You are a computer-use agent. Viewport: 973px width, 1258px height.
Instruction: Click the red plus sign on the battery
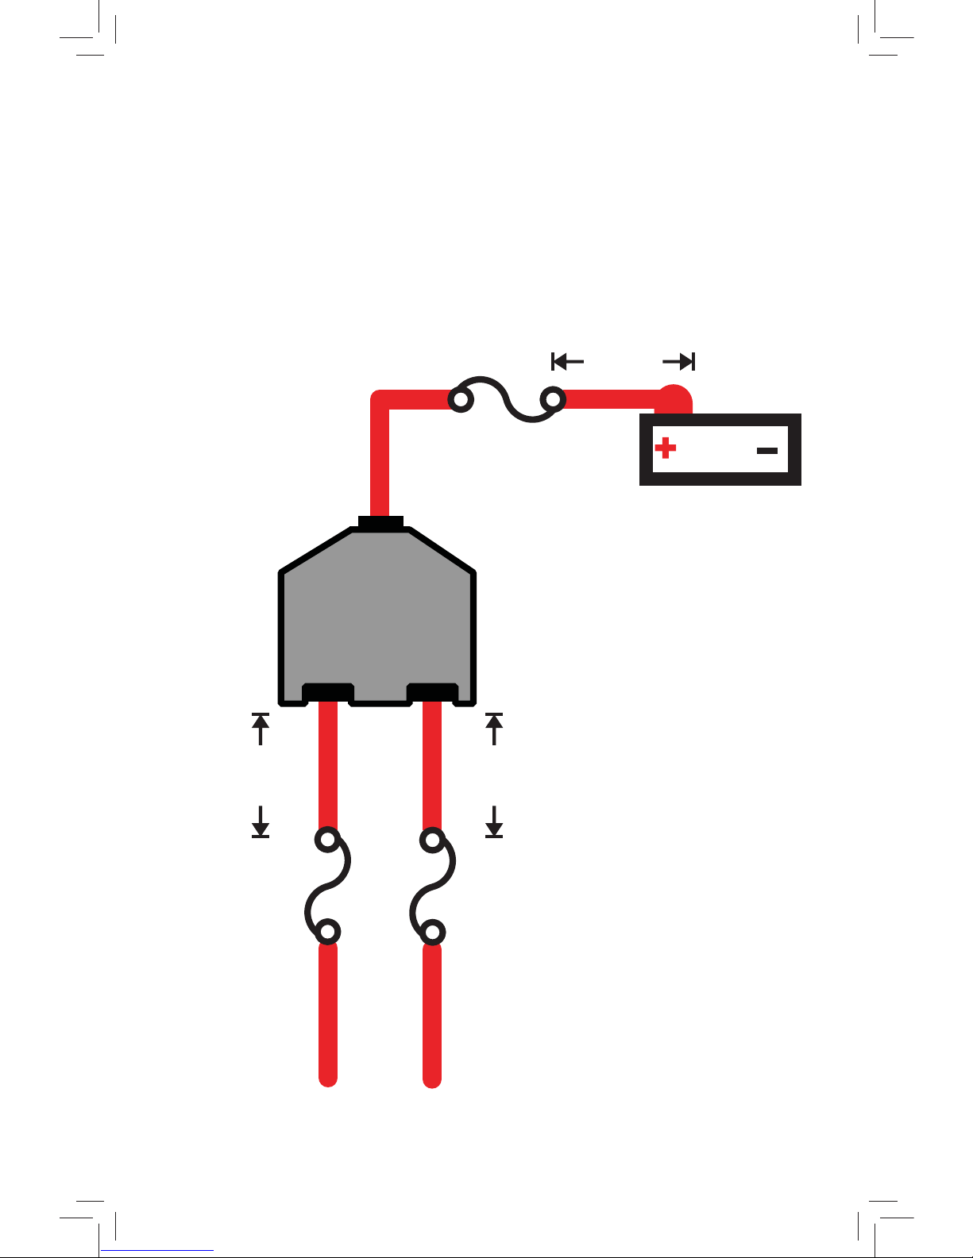click(666, 449)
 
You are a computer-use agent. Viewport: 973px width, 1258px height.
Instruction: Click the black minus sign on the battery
click(766, 450)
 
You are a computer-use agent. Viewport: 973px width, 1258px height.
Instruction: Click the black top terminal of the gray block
click(380, 523)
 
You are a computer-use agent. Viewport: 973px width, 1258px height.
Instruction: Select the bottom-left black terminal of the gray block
click(328, 692)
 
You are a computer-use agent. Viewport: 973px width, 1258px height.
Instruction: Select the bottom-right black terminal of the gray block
click(432, 692)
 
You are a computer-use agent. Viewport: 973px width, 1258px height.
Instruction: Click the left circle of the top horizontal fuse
click(461, 398)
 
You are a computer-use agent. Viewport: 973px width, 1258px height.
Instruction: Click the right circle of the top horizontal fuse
click(553, 398)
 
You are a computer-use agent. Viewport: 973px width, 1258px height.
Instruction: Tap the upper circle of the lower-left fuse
click(327, 840)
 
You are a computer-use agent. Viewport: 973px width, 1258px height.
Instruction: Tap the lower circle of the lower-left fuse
click(327, 931)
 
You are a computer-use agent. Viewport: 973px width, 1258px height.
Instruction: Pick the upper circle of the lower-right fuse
click(432, 840)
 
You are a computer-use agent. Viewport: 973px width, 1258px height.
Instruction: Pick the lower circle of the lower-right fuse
click(432, 931)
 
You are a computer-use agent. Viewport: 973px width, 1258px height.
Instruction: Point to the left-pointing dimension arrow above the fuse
click(567, 362)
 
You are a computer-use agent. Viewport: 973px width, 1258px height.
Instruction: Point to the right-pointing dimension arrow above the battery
click(680, 362)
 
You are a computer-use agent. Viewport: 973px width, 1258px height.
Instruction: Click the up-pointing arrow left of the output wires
click(261, 728)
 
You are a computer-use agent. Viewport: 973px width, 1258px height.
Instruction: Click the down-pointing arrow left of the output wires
click(261, 822)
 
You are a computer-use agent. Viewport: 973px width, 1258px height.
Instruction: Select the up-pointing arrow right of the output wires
click(494, 728)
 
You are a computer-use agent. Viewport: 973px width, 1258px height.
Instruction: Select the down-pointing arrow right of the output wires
click(494, 822)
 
